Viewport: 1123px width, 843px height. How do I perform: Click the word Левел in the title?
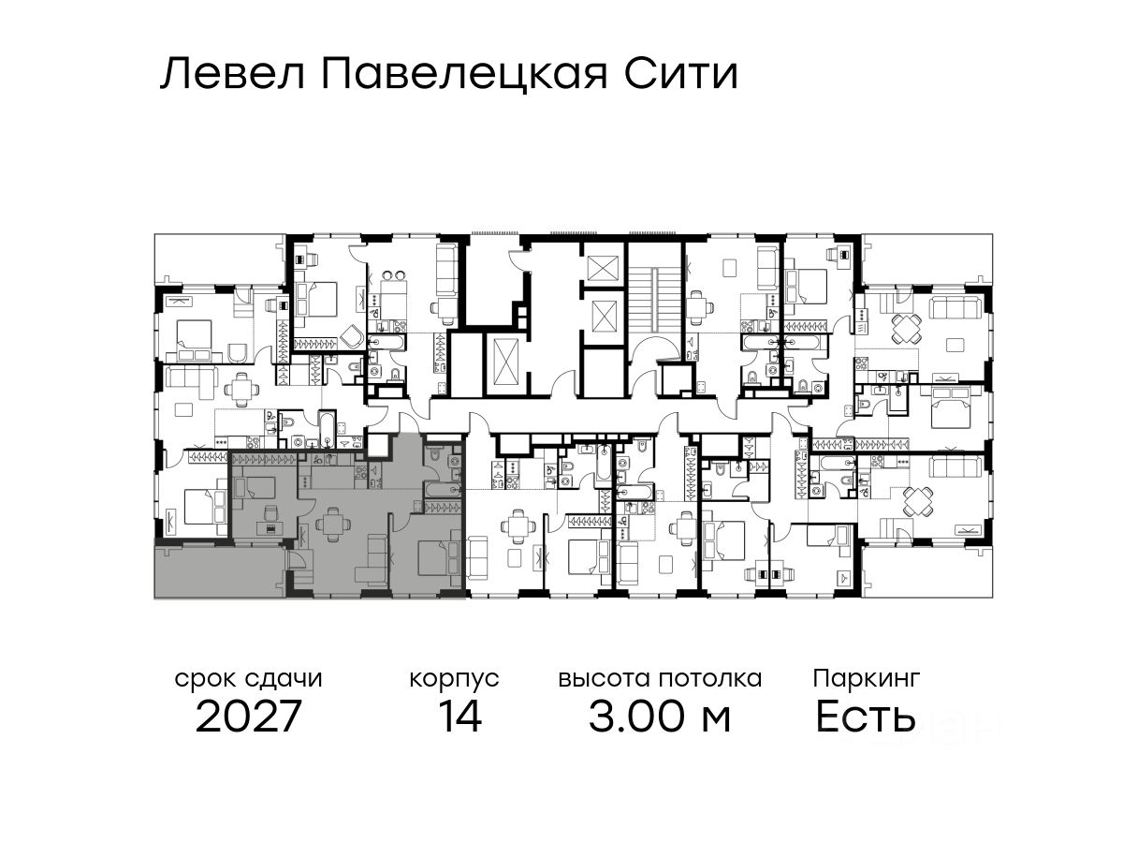pos(233,75)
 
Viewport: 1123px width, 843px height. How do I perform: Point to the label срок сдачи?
pos(249,679)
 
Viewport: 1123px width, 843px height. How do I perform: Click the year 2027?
pos(248,717)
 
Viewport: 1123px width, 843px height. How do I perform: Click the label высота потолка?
pos(660,679)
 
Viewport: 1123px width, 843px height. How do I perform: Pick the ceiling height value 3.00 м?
pos(660,717)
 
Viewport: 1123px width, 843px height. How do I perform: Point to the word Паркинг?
pos(867,679)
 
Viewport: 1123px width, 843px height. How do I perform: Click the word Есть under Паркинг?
pos(865,717)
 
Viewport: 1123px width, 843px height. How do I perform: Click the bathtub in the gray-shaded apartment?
pos(442,490)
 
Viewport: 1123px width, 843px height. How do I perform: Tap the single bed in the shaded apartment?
pos(255,487)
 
